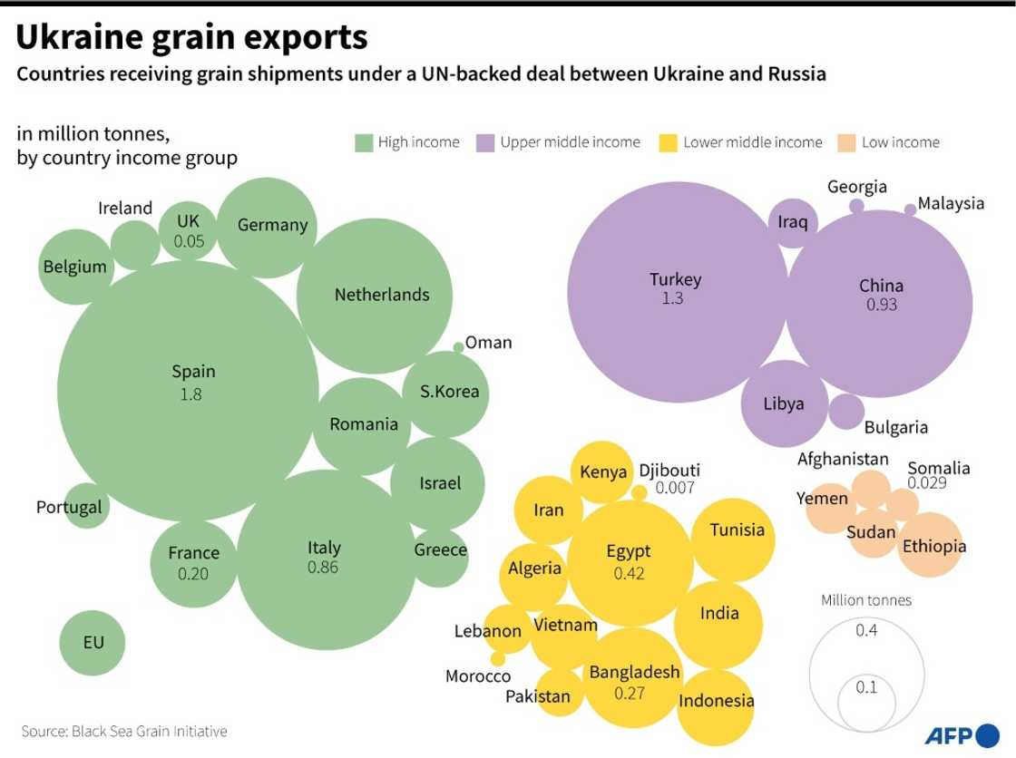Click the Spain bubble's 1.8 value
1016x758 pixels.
click(190, 394)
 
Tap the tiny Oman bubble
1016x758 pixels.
click(459, 346)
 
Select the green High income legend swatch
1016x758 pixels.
click(364, 142)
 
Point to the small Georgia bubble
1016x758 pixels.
click(856, 206)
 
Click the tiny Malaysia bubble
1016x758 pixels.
click(910, 209)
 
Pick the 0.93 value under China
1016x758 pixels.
click(881, 305)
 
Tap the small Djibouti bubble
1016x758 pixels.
click(640, 492)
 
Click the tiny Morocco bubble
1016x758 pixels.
click(497, 659)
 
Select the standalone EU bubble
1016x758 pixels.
click(93, 643)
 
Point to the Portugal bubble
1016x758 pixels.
click(87, 507)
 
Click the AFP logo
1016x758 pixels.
click(961, 734)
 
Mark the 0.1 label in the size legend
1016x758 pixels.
click(866, 687)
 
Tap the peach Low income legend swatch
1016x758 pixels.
click(847, 142)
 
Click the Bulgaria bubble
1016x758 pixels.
click(846, 412)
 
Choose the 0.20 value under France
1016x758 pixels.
click(193, 573)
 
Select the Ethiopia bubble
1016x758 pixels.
click(932, 546)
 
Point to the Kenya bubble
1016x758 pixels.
click(603, 472)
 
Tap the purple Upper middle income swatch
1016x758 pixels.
click(485, 142)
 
